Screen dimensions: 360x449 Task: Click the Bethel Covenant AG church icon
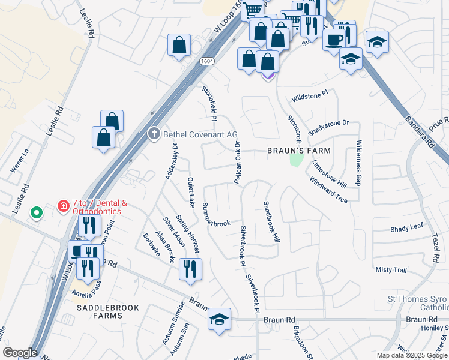coord(154,134)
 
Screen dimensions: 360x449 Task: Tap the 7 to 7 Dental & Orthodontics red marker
coord(63,206)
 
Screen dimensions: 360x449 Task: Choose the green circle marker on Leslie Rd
coord(37,213)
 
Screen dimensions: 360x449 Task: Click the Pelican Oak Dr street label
coord(237,162)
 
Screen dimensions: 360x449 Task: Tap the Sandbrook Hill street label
coord(272,221)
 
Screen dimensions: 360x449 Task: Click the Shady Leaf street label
coord(407,229)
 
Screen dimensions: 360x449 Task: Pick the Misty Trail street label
coord(391,270)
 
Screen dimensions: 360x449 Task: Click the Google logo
coord(20,353)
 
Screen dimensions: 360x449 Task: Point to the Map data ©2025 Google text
coord(412,355)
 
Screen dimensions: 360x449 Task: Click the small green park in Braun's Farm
coord(295,160)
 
